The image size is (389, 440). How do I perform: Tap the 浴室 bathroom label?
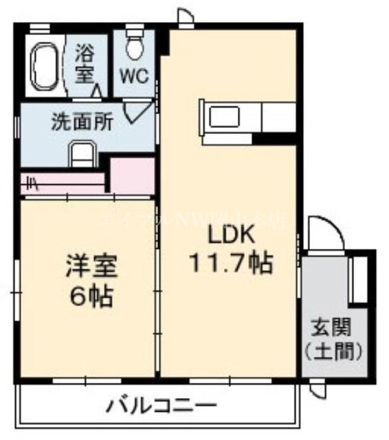(85, 63)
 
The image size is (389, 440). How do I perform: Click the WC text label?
(136, 76)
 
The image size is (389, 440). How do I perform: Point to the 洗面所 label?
(81, 123)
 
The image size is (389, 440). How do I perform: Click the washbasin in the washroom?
(82, 153)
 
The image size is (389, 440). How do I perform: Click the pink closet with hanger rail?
(62, 184)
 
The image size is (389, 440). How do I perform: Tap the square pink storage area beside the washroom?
(132, 175)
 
